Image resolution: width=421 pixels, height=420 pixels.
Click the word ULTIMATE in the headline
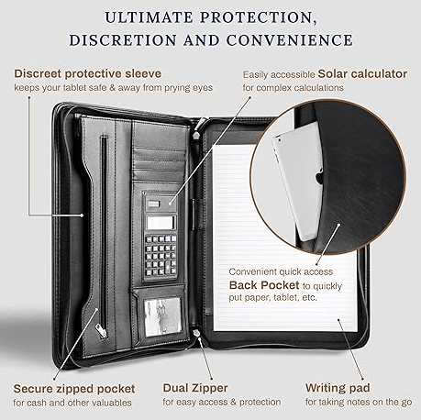149,17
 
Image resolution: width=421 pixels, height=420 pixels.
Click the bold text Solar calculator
362,74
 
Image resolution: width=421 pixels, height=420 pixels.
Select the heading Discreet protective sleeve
88,73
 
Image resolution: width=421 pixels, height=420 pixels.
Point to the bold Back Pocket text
264,285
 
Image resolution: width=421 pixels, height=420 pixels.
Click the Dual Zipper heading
195,388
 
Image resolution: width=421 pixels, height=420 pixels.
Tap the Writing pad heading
338,388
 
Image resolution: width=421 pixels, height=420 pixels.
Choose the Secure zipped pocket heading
74,389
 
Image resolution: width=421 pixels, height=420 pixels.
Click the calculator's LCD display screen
161,222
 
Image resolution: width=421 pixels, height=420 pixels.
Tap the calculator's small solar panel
153,204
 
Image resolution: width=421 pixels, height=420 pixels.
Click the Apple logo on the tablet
319,177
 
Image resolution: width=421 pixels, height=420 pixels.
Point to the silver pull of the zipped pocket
101,331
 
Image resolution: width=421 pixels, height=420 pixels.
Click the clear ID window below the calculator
162,317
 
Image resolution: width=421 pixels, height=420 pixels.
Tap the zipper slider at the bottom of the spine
197,333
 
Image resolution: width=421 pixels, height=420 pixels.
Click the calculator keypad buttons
161,255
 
